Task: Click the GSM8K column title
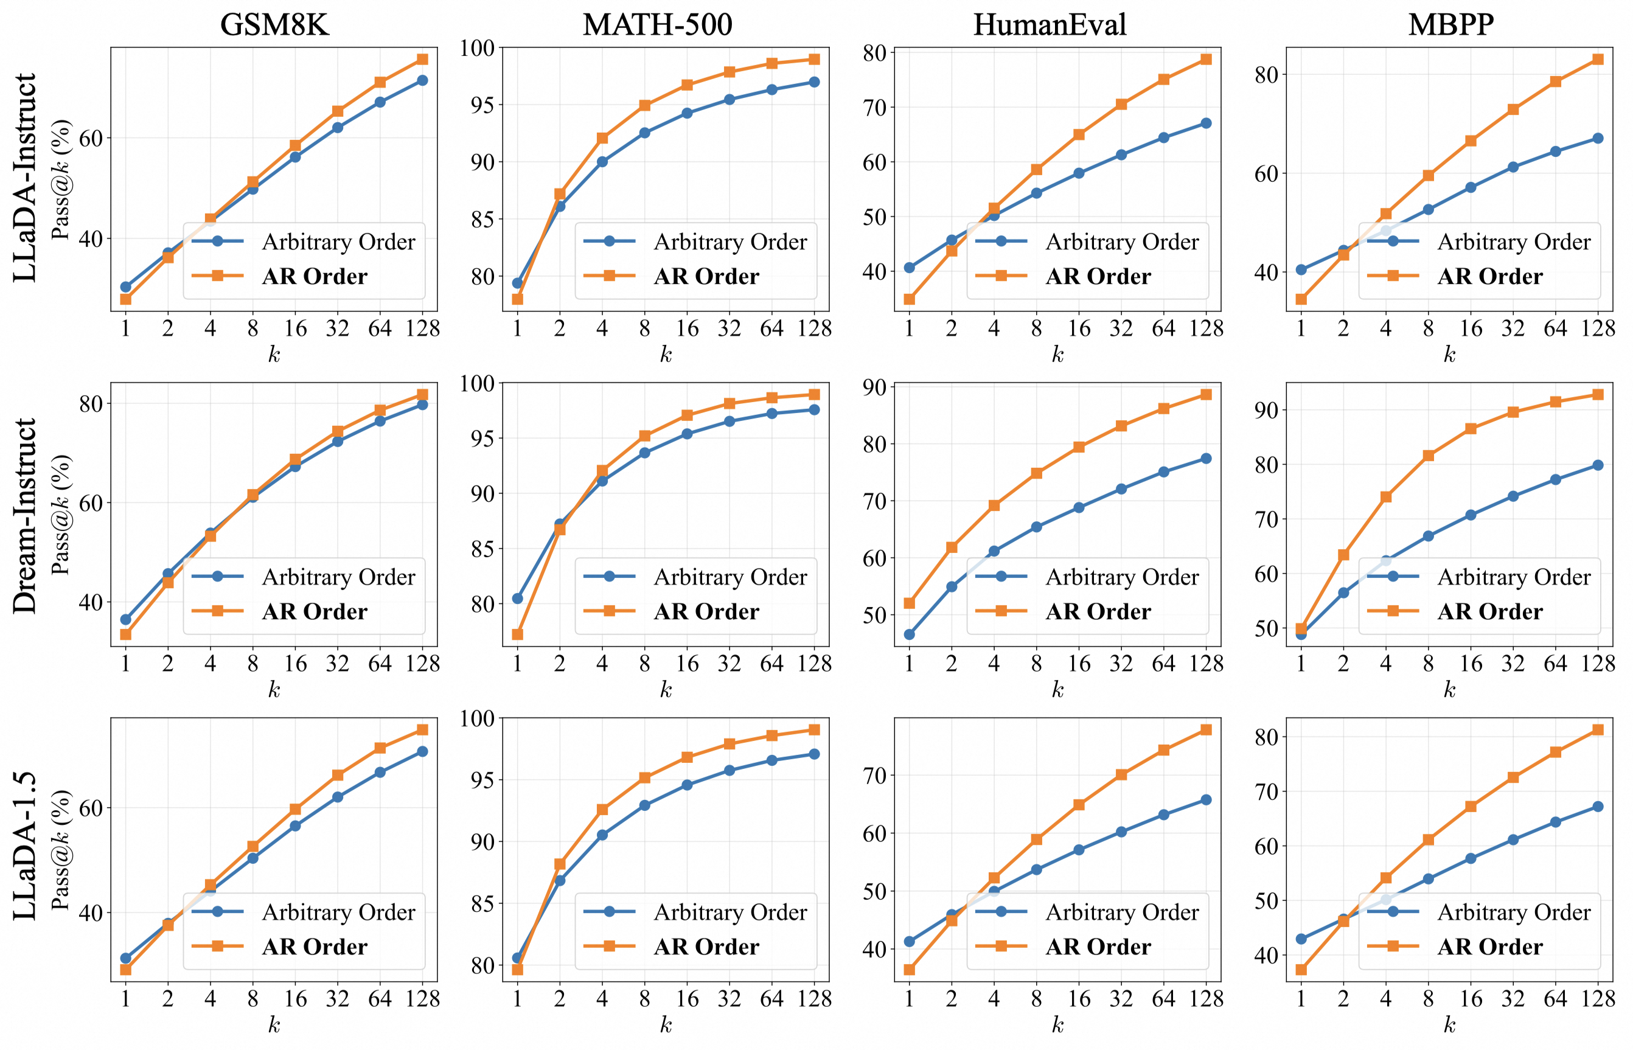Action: [x=274, y=24]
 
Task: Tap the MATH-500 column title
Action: [x=657, y=24]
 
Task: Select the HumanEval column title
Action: [x=1050, y=24]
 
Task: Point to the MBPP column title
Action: [x=1451, y=24]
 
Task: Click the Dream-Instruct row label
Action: [x=24, y=516]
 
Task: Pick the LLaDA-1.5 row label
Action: [x=24, y=846]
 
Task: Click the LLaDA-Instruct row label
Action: [x=24, y=177]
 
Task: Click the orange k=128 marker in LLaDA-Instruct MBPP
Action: [x=1598, y=60]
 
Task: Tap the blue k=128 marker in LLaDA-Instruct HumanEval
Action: [x=1205, y=123]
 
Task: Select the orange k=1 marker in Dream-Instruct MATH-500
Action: [x=518, y=635]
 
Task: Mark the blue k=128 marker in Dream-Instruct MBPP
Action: [x=1598, y=465]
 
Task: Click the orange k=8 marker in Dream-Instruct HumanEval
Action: [x=1036, y=473]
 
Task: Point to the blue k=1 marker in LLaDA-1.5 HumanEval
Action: [x=909, y=942]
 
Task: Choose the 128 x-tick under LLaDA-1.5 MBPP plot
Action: [x=1598, y=999]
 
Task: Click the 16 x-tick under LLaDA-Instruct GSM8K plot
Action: [x=295, y=329]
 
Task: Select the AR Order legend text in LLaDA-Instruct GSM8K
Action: [x=315, y=276]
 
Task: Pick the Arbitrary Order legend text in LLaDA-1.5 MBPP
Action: [x=1514, y=913]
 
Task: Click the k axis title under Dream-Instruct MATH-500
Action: [x=666, y=690]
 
